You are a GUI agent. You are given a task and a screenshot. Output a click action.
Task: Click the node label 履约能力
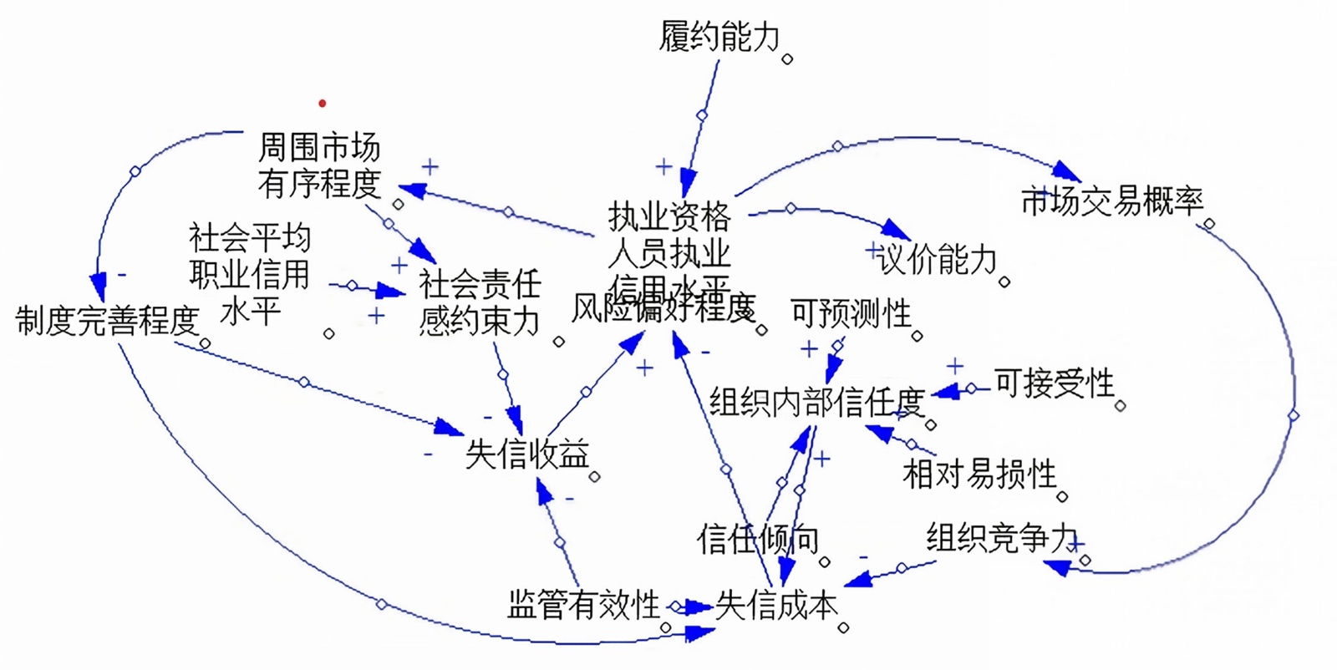(x=719, y=37)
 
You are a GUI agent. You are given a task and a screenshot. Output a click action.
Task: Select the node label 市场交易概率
(x=1111, y=200)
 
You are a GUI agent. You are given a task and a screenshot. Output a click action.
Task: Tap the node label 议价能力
(x=938, y=260)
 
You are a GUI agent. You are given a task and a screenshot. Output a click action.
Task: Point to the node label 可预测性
(x=851, y=314)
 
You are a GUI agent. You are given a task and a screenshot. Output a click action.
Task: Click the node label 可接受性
(x=1054, y=383)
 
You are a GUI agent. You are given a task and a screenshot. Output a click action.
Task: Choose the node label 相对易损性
(x=979, y=475)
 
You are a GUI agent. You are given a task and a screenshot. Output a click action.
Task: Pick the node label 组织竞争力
(x=1001, y=538)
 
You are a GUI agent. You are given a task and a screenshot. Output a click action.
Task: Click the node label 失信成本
(x=776, y=605)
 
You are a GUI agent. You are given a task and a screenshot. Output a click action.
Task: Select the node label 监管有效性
(x=583, y=605)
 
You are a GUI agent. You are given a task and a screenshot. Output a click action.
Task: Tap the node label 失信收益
(x=527, y=454)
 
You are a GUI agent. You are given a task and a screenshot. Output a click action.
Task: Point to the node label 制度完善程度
(x=108, y=321)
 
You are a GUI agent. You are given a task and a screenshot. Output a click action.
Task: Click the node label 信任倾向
(x=757, y=540)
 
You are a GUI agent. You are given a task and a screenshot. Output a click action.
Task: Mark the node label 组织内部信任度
(x=816, y=403)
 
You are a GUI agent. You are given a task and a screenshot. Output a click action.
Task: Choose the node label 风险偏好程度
(x=663, y=309)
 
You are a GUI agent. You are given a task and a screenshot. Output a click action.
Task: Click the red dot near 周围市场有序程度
(x=323, y=104)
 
